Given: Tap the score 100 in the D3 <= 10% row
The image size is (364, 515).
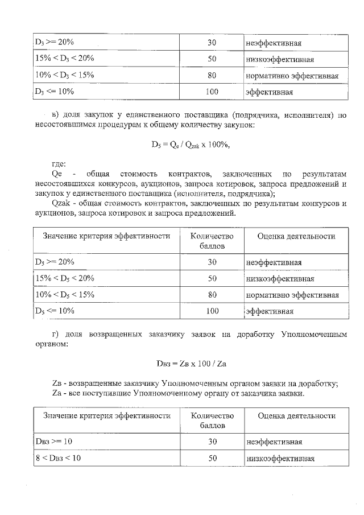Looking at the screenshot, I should coord(212,91).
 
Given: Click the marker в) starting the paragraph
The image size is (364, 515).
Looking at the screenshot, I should coord(55,117).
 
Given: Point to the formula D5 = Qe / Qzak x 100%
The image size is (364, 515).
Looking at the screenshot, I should coord(190,145).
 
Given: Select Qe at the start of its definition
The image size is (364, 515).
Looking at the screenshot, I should coord(56,174).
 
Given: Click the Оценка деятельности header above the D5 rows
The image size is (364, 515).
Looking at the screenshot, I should coord(296,236).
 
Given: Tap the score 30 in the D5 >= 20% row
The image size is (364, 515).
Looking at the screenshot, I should coord(212,262).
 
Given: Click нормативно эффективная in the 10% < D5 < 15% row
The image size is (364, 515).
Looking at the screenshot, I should coord(292,295).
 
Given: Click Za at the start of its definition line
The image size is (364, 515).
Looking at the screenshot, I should coord(56,393).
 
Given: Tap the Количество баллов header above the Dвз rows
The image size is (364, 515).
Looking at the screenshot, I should coord(212,421).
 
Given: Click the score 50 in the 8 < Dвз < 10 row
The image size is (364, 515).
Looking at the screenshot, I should coord(212,458).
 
